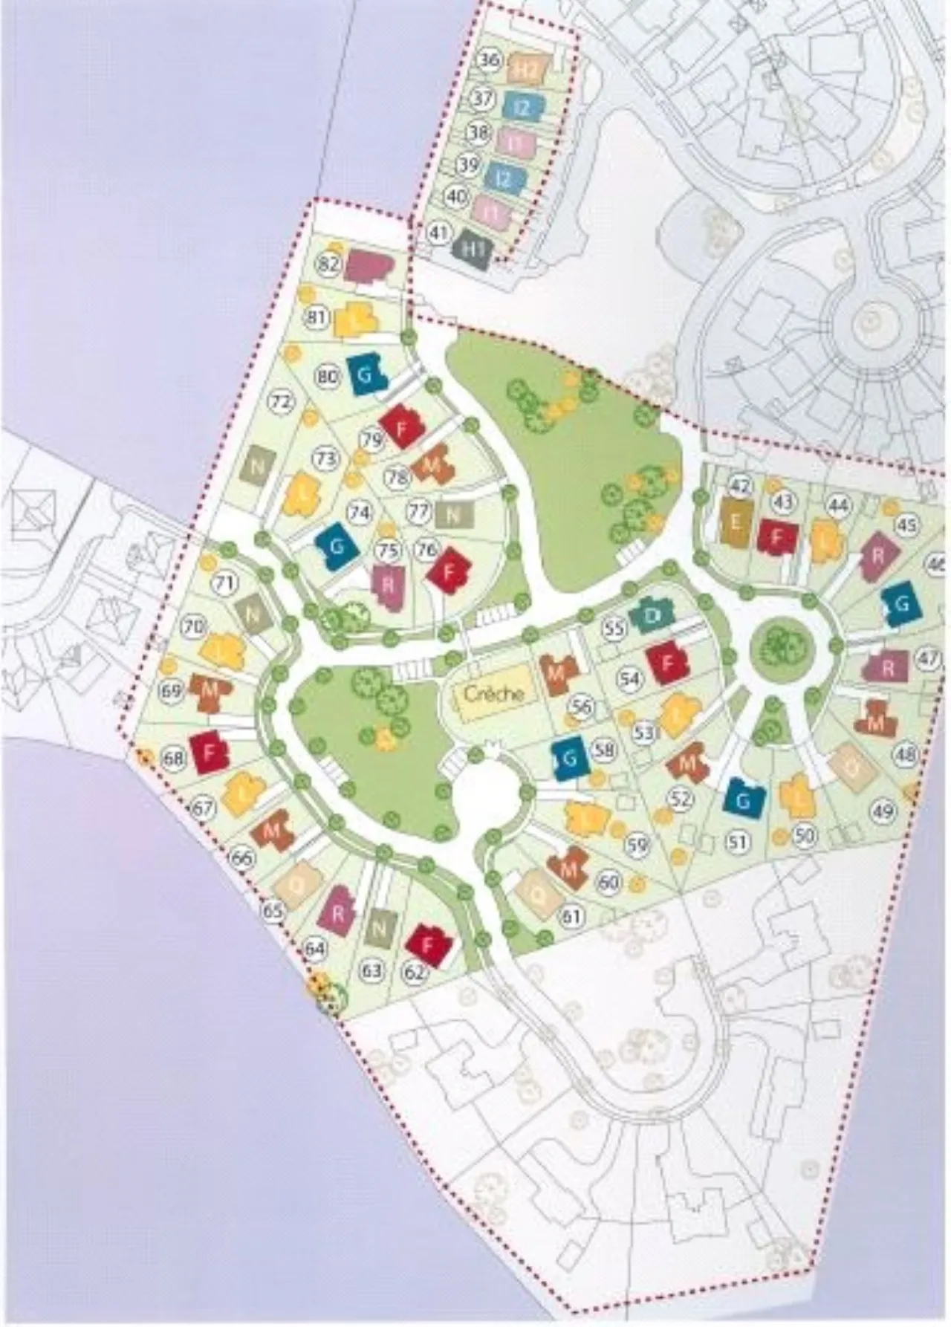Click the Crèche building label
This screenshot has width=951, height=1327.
click(494, 693)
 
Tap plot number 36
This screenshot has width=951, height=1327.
click(488, 60)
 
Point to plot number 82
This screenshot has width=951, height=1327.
click(328, 263)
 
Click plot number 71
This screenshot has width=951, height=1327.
click(224, 583)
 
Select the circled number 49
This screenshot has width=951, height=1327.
click(884, 811)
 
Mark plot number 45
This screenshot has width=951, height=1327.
click(907, 525)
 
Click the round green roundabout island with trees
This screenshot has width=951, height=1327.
click(781, 645)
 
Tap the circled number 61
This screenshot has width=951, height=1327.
click(572, 916)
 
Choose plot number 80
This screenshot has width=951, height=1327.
click(328, 376)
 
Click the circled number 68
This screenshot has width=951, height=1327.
click(175, 759)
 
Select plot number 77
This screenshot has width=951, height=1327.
click(420, 511)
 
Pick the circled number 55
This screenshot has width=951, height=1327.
click(614, 629)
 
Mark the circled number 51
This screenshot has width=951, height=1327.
click(737, 843)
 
